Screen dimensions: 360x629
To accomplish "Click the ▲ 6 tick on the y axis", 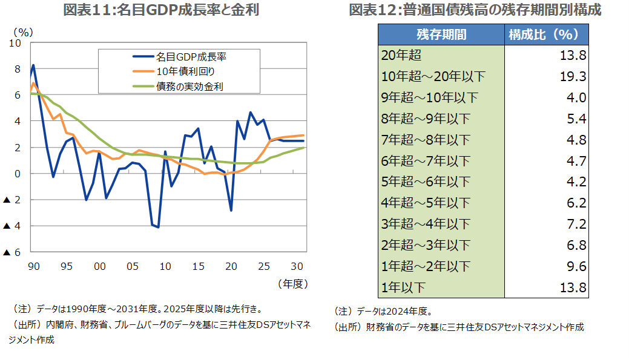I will [12, 252].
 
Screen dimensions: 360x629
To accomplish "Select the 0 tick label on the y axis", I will [18, 174].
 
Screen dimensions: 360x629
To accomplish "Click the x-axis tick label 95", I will [67, 266].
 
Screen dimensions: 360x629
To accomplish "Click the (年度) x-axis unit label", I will [293, 283].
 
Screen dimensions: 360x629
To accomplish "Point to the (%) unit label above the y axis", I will [24, 31].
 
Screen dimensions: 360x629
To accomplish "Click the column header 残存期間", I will [441, 34].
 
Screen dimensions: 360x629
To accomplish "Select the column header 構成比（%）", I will [547, 34].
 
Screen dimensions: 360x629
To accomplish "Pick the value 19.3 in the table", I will [574, 77].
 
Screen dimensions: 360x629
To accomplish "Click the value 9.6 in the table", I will [577, 266].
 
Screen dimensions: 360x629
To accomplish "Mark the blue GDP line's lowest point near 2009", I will [158, 227].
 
